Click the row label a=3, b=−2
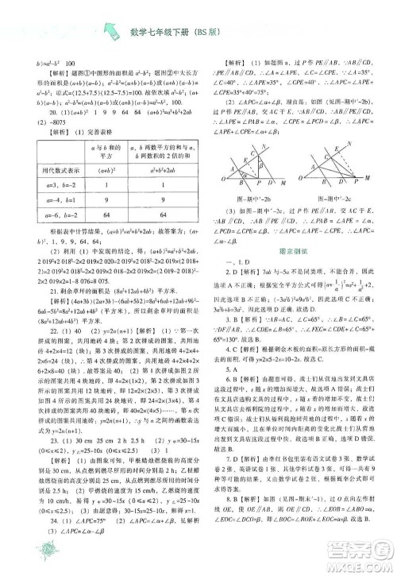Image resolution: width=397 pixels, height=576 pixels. tap(54, 183)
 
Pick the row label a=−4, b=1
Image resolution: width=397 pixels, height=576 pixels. tap(54, 199)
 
